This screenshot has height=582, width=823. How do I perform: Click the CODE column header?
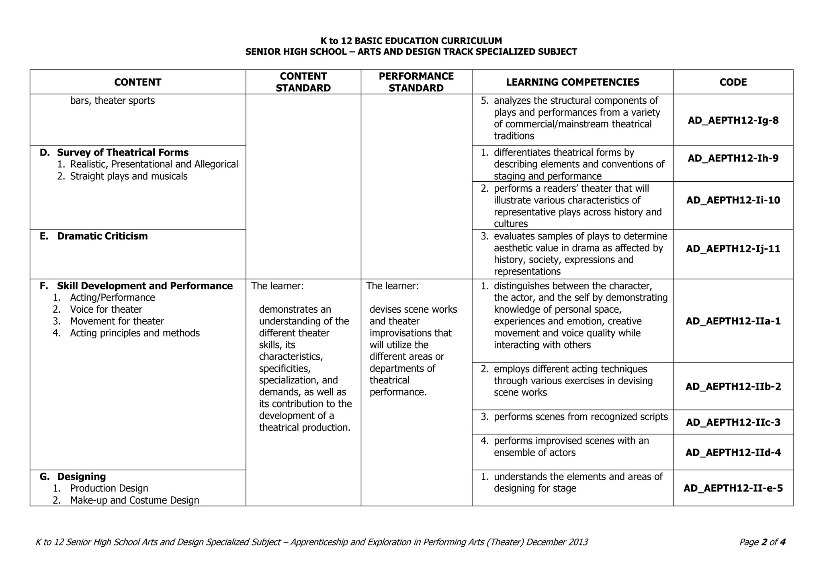(x=733, y=82)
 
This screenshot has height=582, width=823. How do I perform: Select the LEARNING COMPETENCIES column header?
(x=572, y=82)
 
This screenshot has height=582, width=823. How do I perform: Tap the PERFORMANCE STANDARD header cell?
(x=416, y=82)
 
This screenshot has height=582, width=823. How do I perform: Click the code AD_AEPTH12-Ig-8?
(x=733, y=120)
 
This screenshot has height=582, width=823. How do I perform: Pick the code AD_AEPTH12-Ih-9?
(x=733, y=158)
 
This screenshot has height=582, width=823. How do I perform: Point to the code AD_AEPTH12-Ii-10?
(x=733, y=200)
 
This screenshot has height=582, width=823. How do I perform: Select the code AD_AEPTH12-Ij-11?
(x=733, y=249)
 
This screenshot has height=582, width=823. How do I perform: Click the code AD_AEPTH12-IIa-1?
(x=733, y=321)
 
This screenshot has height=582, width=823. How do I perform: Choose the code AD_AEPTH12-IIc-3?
(x=733, y=422)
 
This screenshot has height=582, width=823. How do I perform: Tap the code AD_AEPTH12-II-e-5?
(x=733, y=488)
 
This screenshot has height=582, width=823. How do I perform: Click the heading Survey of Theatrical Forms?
(x=123, y=153)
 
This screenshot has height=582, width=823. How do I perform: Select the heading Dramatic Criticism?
(x=102, y=236)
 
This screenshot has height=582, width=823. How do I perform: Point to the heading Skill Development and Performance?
(x=145, y=286)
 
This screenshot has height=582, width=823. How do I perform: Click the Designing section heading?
(x=81, y=477)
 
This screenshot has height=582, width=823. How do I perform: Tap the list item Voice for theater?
(x=106, y=309)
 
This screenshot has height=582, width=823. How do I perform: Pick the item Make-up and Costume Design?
(x=135, y=500)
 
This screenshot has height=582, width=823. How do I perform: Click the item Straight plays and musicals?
(x=129, y=176)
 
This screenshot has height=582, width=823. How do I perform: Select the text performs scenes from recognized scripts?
(x=581, y=417)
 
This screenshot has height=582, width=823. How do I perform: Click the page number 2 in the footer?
(x=764, y=542)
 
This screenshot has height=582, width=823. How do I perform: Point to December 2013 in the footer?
(x=557, y=542)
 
